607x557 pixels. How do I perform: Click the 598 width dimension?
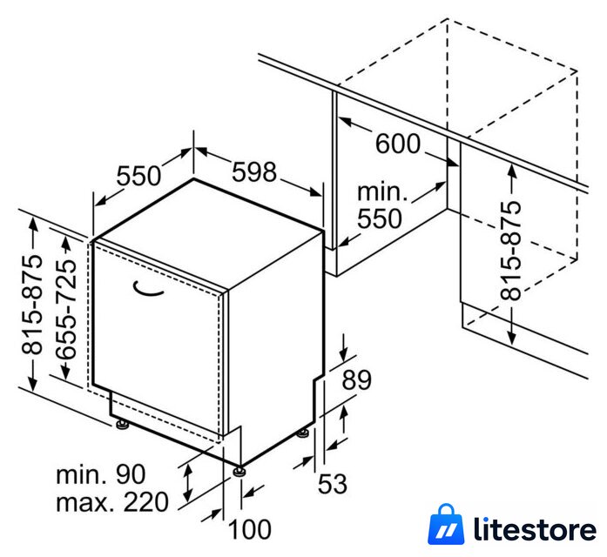[x=254, y=171]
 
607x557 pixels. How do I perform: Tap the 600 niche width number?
[x=398, y=144]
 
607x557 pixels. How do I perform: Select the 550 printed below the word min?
[x=380, y=218]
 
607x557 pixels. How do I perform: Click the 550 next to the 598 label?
[x=138, y=176]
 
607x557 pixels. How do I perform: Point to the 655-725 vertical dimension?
[x=66, y=308]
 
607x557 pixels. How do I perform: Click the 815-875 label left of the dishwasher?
[x=32, y=304]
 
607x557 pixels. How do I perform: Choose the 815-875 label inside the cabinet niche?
[x=511, y=251]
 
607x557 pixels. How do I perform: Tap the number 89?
[x=356, y=379]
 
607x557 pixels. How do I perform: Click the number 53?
[x=332, y=484]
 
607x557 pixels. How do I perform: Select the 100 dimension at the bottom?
[x=250, y=529]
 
